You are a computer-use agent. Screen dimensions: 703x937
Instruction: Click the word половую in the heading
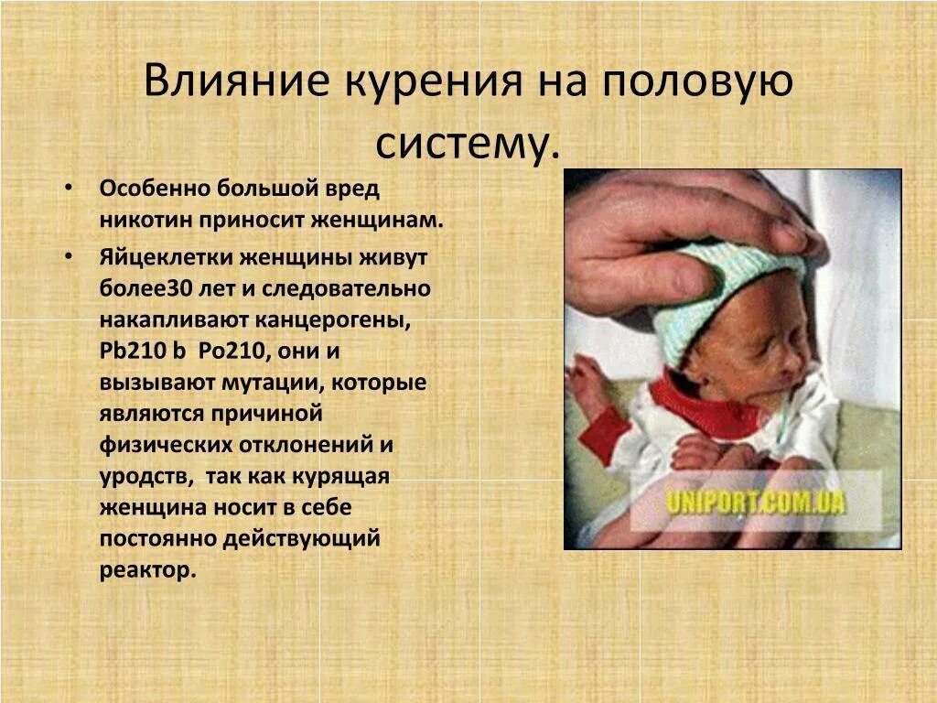pyautogui.click(x=697, y=81)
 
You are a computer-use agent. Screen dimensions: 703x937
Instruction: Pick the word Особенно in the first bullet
pyautogui.click(x=154, y=189)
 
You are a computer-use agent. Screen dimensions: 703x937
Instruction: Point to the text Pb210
pyautogui.click(x=130, y=351)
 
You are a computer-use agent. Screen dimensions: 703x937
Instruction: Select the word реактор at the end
pyautogui.click(x=146, y=569)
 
